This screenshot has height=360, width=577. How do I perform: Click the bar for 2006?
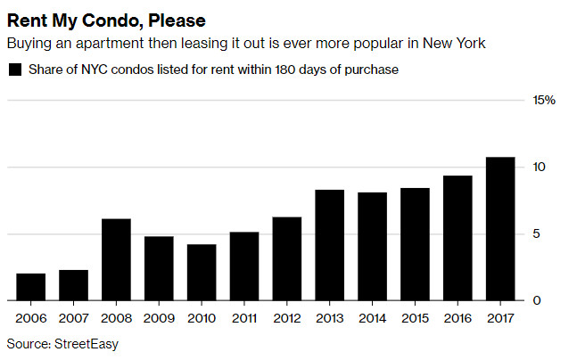[31, 287]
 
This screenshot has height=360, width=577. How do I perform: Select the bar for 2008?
[116, 259]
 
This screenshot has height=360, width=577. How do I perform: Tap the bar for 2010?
[202, 272]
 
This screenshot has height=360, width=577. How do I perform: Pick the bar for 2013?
[329, 245]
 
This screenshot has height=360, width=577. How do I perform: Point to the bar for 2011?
[244, 266]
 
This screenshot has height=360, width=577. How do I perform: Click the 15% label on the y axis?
[544, 101]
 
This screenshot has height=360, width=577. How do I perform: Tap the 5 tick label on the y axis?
[537, 234]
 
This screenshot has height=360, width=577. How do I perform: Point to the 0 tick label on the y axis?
[537, 301]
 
